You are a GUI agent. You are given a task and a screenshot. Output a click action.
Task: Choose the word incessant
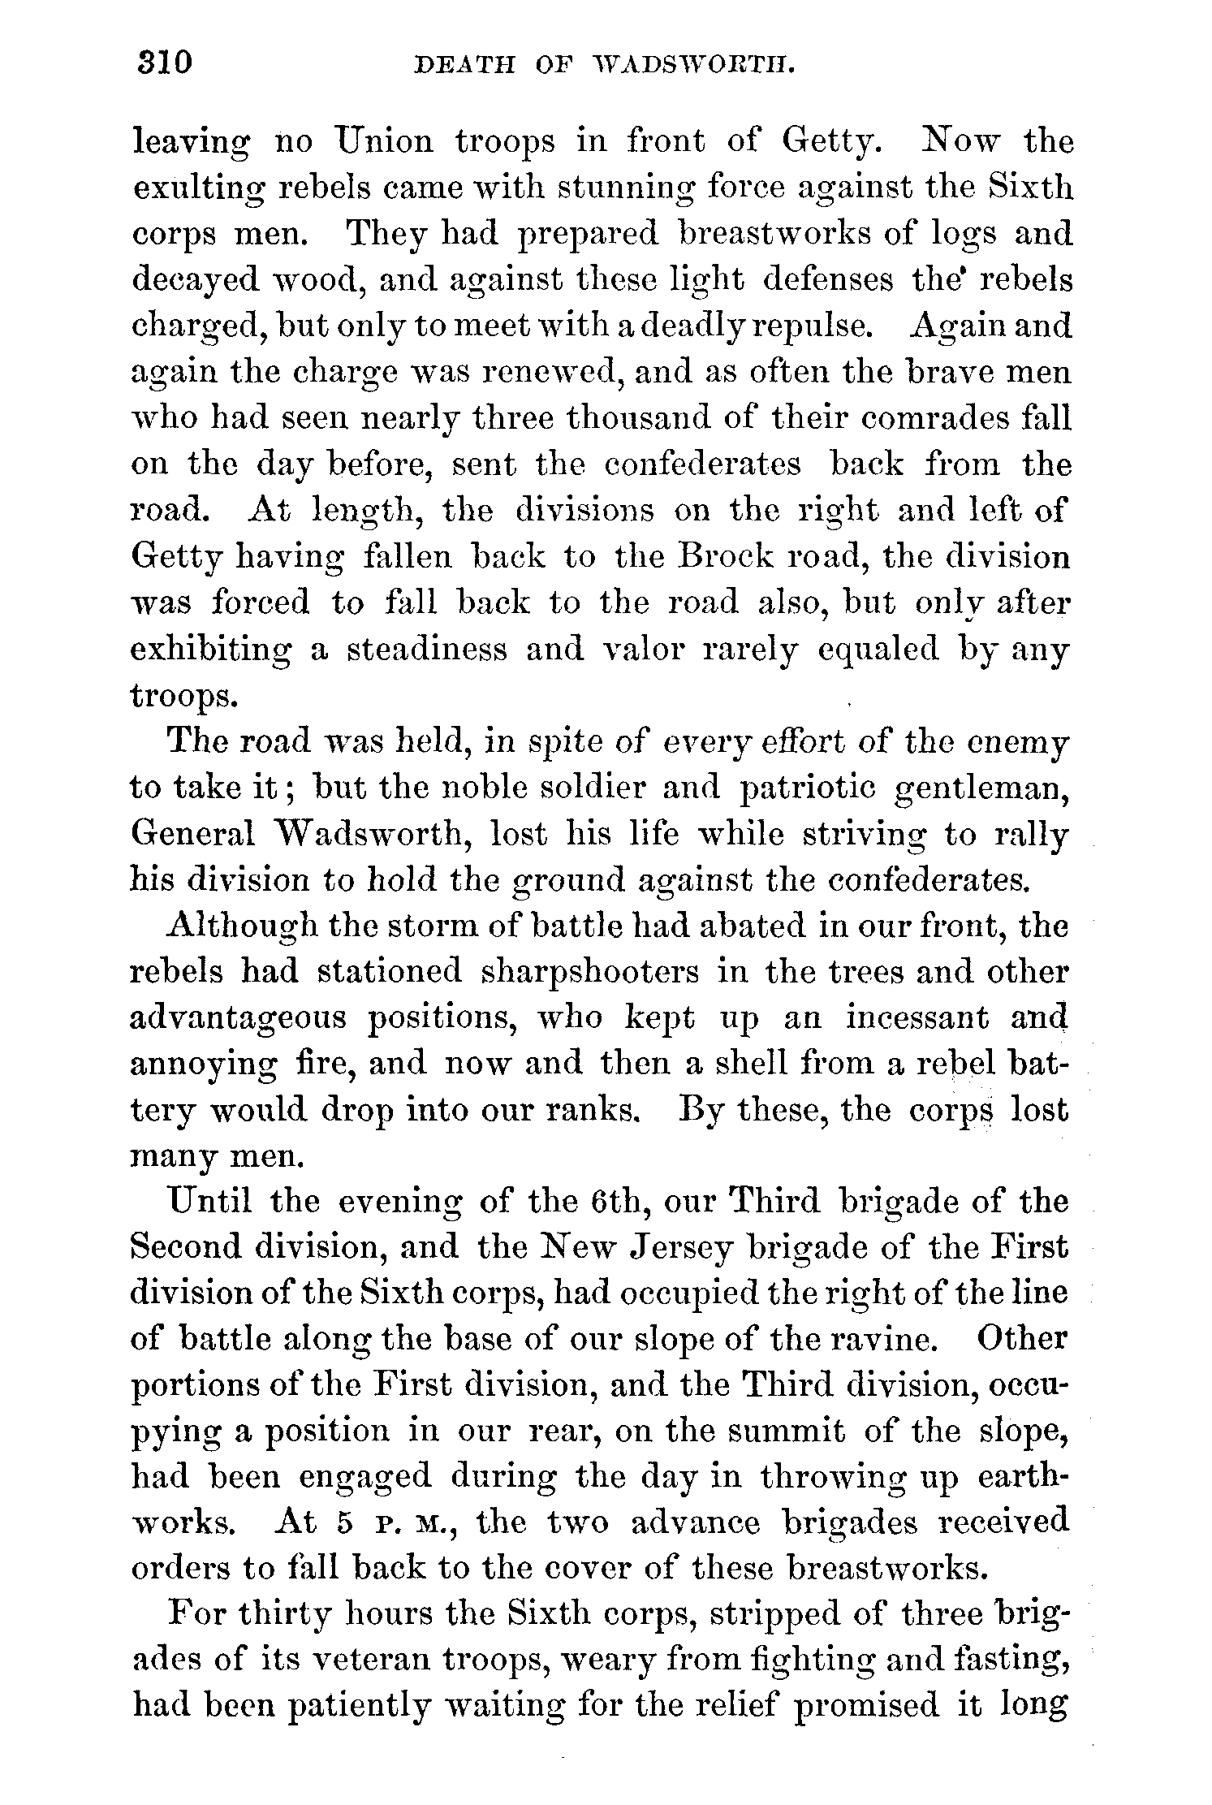[x=917, y=1017]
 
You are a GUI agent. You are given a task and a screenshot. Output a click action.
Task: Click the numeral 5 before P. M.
[x=344, y=1523]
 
